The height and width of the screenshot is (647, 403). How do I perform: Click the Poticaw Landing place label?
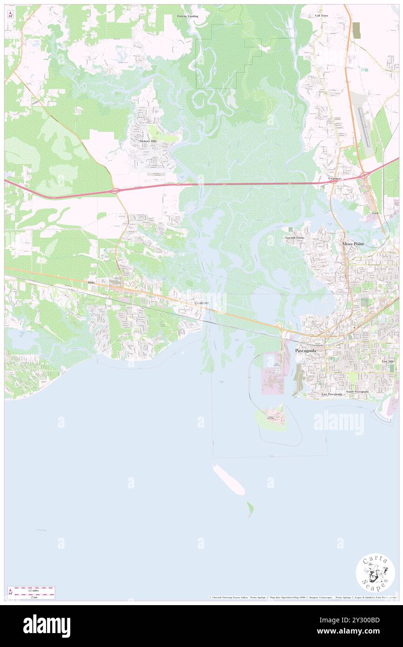pos(187,16)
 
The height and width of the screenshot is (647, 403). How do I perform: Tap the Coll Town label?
pos(321,16)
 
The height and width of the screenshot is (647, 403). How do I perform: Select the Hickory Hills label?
pos(148,141)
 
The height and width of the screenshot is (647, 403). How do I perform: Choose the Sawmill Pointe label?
pos(295,238)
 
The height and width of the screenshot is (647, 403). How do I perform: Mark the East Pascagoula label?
pos(332,394)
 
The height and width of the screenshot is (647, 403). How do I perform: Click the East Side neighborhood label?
pos(388,361)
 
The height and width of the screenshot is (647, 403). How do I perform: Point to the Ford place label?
pos(375,213)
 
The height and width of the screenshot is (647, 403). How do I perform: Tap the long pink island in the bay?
pos(229,479)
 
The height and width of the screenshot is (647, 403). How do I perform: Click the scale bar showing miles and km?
pos(31,593)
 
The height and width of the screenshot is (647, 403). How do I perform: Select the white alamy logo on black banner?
pos(47,626)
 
